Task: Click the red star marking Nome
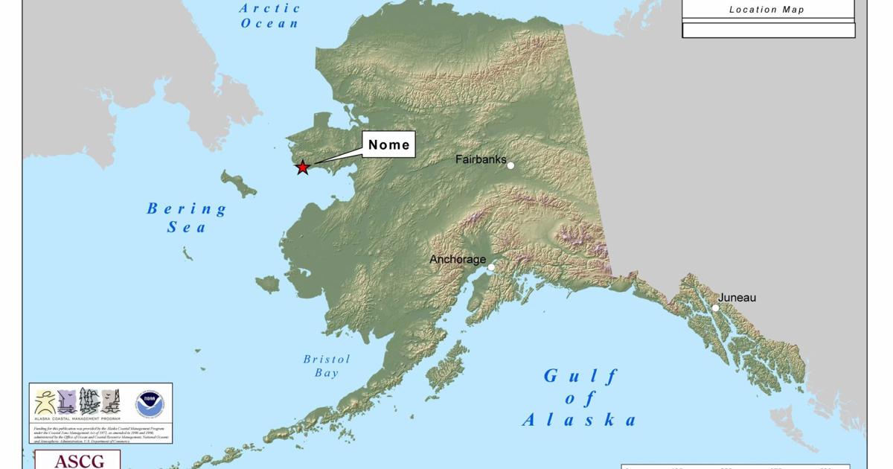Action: (x=302, y=167)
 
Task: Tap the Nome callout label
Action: (x=389, y=144)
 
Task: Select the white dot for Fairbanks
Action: (x=510, y=165)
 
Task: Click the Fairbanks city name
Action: (x=480, y=159)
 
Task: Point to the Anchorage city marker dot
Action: (x=491, y=267)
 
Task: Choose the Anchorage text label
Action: (x=458, y=260)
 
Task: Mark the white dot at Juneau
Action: (x=715, y=307)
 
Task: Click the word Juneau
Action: (x=737, y=298)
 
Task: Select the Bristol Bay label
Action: (x=326, y=366)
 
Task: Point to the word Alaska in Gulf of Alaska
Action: (x=579, y=421)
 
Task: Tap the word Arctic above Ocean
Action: (x=270, y=9)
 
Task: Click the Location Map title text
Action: (x=766, y=10)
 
